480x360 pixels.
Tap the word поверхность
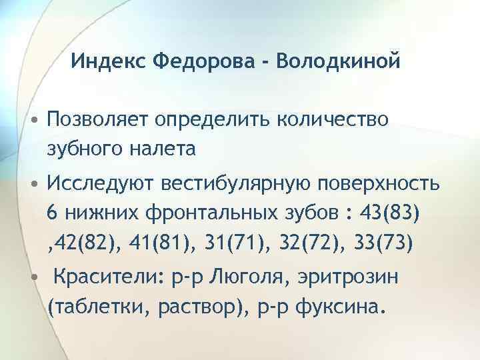[x=376, y=185]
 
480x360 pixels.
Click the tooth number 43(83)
[x=388, y=215]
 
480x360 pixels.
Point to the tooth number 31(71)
[x=229, y=243]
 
